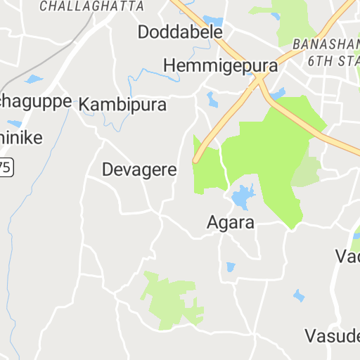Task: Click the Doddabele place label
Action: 180,32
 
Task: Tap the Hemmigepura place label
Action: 220,65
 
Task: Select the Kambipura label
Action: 123,105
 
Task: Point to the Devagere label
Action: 139,169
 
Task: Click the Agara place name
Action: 230,222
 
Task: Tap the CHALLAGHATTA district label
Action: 92,6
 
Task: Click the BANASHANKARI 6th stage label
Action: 333,51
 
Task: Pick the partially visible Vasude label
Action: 332,333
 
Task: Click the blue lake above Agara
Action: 242,197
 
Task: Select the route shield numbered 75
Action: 6,167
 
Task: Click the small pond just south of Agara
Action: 231,267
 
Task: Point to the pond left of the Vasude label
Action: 299,295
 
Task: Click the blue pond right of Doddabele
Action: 212,20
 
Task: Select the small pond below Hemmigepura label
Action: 212,98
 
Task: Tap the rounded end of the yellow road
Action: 198,160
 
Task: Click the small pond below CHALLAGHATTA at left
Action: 33,79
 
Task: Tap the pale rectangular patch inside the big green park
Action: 306,172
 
